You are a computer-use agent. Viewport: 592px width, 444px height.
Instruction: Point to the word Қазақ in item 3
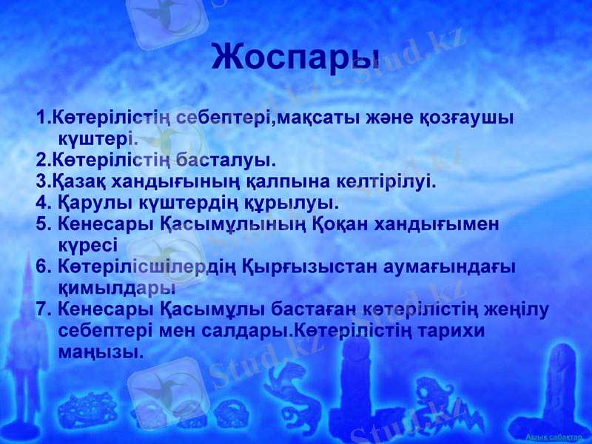[x=75, y=181]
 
